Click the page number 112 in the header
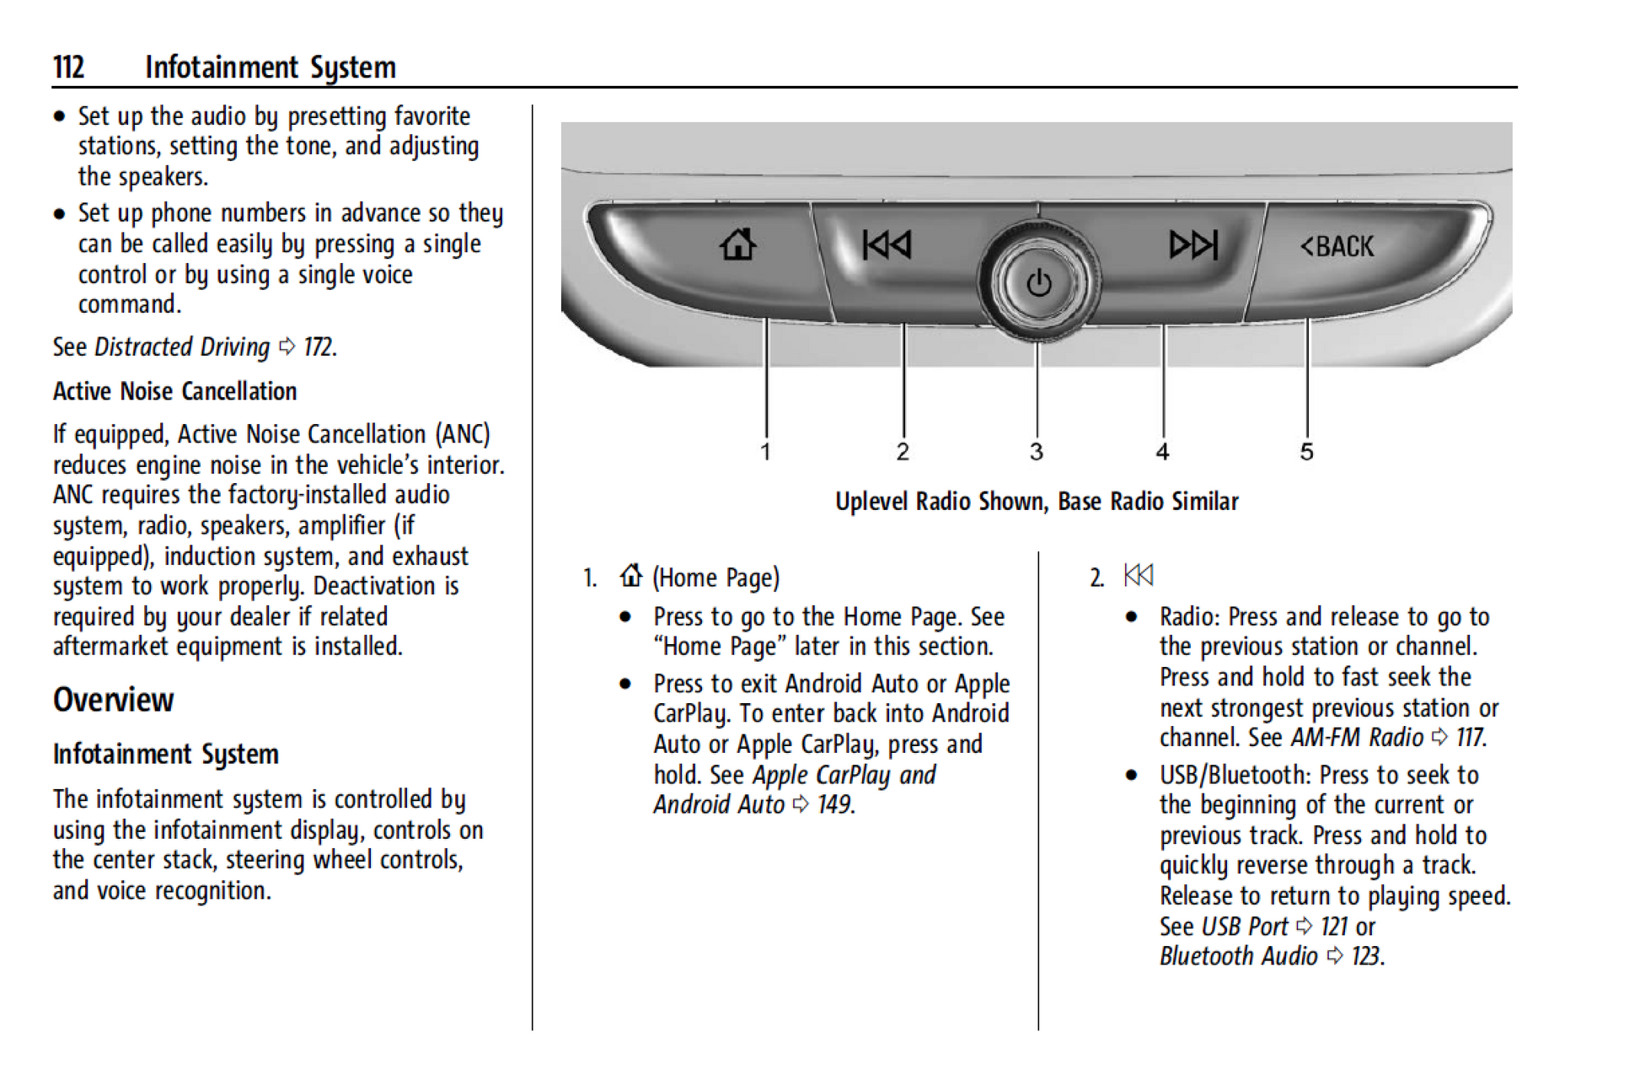pos(68,67)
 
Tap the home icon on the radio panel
pos(737,245)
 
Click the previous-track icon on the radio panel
pos(886,245)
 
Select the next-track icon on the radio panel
pos(1193,245)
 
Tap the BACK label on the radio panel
pos(1337,246)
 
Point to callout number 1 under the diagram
pos(765,452)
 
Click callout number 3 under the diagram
pos(1037,452)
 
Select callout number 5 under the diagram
pos(1306,452)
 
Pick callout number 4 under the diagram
pos(1162,452)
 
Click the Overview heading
pos(113,700)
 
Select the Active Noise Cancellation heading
pos(174,391)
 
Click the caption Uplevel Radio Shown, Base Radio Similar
pos(1037,502)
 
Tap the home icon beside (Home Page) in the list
pos(630,576)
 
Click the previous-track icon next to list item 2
pos(1138,576)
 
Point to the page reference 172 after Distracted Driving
pos(318,347)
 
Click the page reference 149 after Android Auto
pos(833,804)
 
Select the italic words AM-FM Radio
pos(1356,738)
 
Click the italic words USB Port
pos(1244,927)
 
